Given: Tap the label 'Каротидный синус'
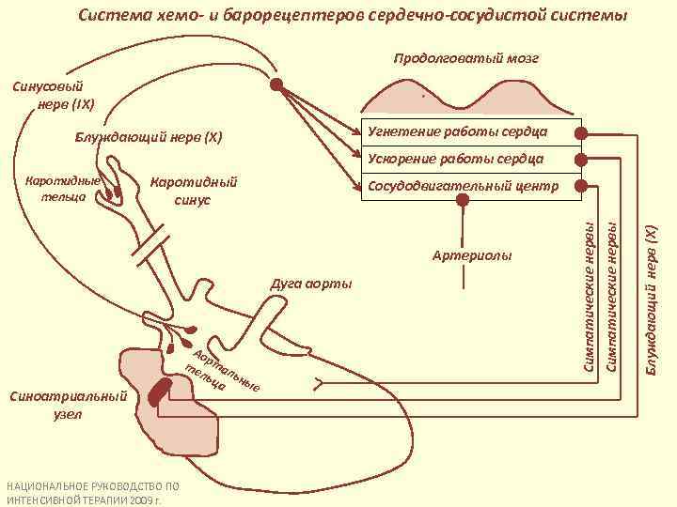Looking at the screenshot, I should [x=194, y=190].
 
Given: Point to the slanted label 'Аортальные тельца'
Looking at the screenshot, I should [x=222, y=368].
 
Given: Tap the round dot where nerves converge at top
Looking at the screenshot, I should [x=276, y=84].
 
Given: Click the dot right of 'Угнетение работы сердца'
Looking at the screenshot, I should [x=583, y=132].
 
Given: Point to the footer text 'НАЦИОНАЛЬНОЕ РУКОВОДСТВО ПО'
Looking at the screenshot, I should [x=92, y=486].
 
